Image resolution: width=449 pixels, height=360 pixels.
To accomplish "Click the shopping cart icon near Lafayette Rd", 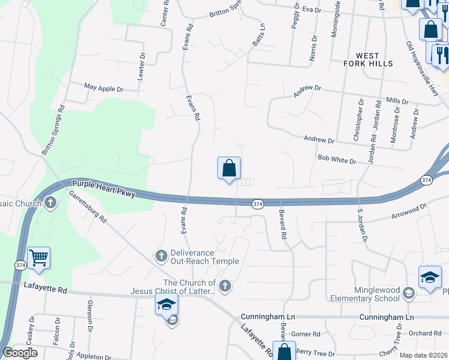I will click(38, 258).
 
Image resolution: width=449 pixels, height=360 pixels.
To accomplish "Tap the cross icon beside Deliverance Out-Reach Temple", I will click(160, 256).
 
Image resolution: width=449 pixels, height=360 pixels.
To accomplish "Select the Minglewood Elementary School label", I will click(365, 293).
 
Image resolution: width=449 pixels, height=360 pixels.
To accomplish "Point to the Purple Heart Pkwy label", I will click(103, 188).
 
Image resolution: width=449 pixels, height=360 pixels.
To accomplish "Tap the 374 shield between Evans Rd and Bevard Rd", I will click(257, 203).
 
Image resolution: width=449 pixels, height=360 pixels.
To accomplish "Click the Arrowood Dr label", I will click(408, 209).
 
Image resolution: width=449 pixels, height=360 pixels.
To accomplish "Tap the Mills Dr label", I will click(397, 101).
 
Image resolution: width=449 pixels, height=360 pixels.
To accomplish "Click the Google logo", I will click(20, 353).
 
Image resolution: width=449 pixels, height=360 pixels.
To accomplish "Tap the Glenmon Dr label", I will click(90, 316).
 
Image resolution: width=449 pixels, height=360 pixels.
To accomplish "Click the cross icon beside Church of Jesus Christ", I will click(224, 286).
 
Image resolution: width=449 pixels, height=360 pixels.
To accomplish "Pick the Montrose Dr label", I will click(395, 125).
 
